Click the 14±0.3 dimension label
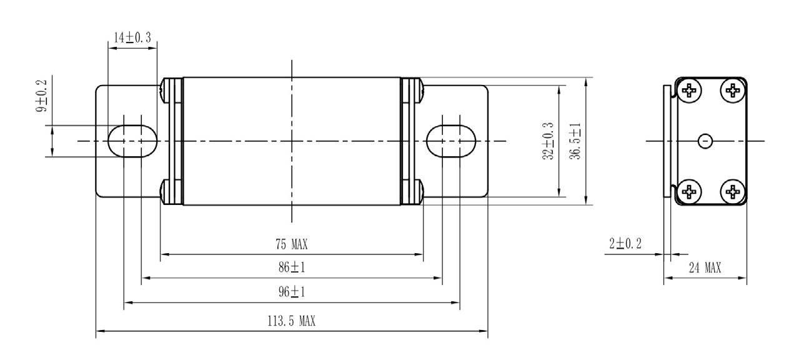coord(132,37)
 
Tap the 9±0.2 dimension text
coord(42,101)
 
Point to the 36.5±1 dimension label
coord(577,141)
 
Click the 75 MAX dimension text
coord(291,244)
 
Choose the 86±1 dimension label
coord(291,268)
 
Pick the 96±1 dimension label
coord(291,292)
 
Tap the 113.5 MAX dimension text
coord(291,322)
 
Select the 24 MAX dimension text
coord(704,268)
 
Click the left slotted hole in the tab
coord(132,141)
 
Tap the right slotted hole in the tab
coord(450,141)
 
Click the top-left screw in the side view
coord(689,91)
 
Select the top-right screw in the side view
coord(732,91)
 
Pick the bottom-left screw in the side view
coord(689,191)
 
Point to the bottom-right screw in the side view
coord(732,191)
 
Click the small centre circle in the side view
coord(705,141)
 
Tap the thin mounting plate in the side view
coord(667,141)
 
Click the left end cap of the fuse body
coord(171,141)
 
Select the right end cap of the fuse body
coord(411,141)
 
